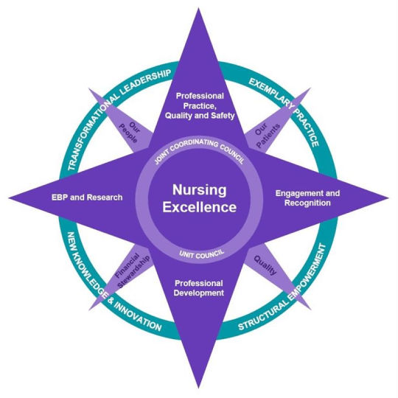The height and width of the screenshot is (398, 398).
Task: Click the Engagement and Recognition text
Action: [307, 198]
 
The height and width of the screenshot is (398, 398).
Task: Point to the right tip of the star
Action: [389, 198]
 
